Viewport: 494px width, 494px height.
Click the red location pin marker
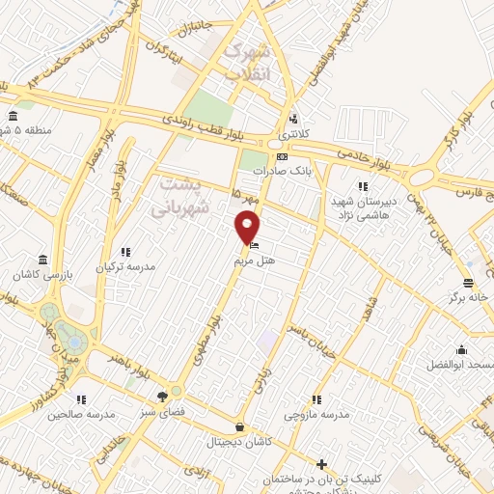tap(248, 229)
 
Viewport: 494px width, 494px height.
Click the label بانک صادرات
tap(279, 171)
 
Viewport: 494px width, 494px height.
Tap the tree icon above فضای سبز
tap(163, 396)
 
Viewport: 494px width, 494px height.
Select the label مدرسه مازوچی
tap(316, 414)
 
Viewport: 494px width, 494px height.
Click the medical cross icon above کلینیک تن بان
tap(322, 464)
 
